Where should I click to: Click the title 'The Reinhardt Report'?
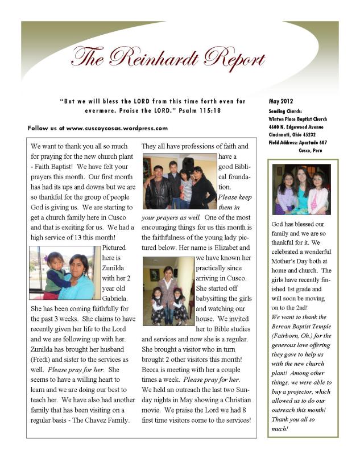[x=168, y=57]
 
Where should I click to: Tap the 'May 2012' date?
[x=280, y=101]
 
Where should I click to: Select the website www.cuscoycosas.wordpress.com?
[x=117, y=128]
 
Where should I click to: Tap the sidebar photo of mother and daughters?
[x=301, y=189]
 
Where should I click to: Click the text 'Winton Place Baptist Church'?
[x=297, y=119]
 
